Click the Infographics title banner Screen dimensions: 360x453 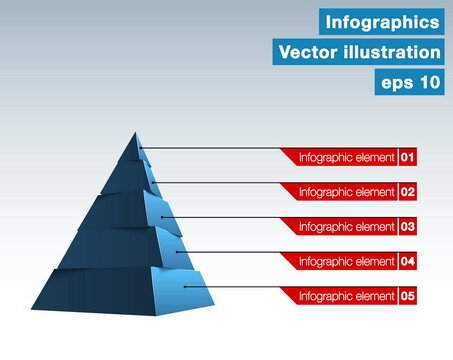[x=382, y=21]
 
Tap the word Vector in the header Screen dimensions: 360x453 [x=307, y=52]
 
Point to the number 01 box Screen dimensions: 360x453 [x=408, y=157]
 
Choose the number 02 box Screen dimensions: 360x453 [x=408, y=191]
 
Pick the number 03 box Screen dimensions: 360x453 [x=408, y=227]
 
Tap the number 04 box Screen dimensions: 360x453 [x=408, y=261]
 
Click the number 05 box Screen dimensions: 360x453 [x=408, y=296]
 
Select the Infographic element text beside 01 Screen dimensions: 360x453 [x=347, y=157]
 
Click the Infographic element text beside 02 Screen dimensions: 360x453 [x=347, y=191]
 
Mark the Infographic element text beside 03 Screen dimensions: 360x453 [x=347, y=227]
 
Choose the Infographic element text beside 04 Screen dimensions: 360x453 [x=347, y=261]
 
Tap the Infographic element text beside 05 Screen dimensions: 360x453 [x=347, y=296]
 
